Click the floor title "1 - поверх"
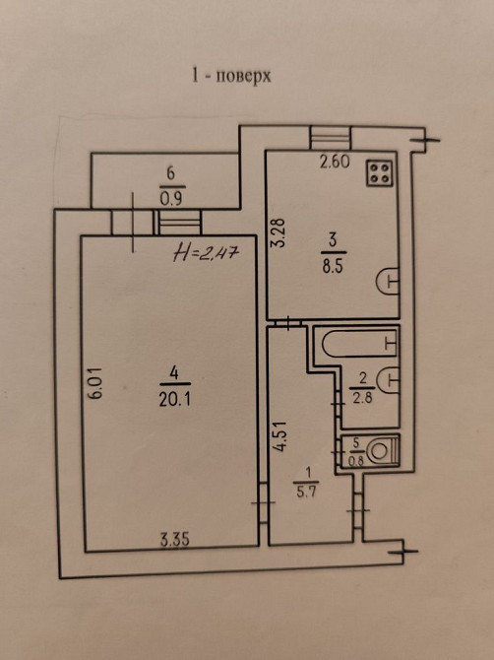point(231,76)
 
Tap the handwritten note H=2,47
point(206,253)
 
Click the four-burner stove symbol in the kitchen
point(380,173)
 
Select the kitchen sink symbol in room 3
point(387,281)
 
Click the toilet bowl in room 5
point(382,451)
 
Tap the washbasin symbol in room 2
point(388,380)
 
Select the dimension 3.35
point(175,540)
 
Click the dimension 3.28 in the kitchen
point(278,231)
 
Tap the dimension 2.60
point(335,162)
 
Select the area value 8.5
point(333,267)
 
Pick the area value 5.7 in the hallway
point(306,492)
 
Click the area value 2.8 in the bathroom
point(362,397)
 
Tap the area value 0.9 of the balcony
point(171,199)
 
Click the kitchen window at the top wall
point(331,138)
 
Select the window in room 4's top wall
point(179,223)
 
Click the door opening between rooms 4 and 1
point(263,502)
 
